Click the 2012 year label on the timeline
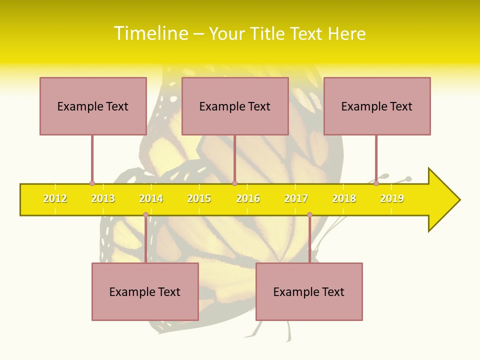[x=55, y=199]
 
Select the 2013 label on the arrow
[x=103, y=199]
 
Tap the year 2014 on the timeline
[x=151, y=199]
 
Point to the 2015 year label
[x=199, y=199]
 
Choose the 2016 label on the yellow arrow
[x=248, y=199]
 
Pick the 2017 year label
[x=296, y=199]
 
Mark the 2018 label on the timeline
[x=344, y=199]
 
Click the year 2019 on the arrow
[x=392, y=199]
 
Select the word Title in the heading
[x=267, y=33]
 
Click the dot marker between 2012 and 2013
[x=92, y=183]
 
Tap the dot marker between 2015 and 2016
[x=235, y=183]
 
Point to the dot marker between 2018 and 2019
[x=376, y=183]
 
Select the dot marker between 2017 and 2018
[x=309, y=215]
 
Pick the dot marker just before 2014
[x=145, y=215]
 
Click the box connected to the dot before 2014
[x=145, y=291]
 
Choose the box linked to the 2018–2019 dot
[x=377, y=106]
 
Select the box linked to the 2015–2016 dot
[x=235, y=106]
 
